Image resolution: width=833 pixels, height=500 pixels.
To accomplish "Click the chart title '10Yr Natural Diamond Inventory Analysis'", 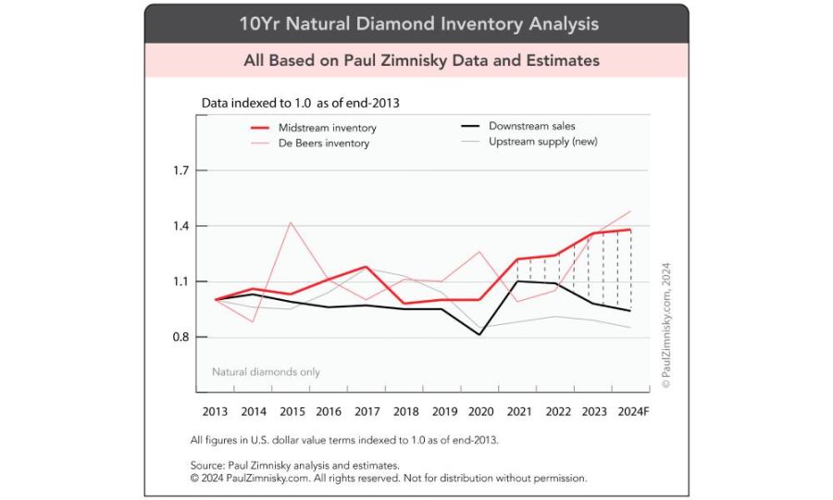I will [x=418, y=23].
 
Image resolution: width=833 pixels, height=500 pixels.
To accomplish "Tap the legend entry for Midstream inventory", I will [x=327, y=128].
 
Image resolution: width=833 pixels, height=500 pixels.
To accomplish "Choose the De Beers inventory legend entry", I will [x=323, y=144].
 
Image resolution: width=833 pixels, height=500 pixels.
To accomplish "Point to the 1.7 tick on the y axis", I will [x=180, y=171].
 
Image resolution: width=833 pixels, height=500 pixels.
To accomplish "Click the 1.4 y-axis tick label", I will [x=180, y=227].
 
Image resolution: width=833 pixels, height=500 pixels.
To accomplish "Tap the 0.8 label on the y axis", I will [x=180, y=338].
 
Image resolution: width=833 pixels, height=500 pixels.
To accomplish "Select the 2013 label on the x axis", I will [x=215, y=410].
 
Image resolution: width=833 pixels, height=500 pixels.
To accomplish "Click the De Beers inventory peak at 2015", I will [x=291, y=222].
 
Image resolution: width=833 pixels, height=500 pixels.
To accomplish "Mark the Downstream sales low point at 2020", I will [x=479, y=334].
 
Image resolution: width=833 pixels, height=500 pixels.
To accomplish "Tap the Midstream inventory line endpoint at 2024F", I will [x=630, y=230].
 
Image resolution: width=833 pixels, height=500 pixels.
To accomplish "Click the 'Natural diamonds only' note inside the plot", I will [x=266, y=371].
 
